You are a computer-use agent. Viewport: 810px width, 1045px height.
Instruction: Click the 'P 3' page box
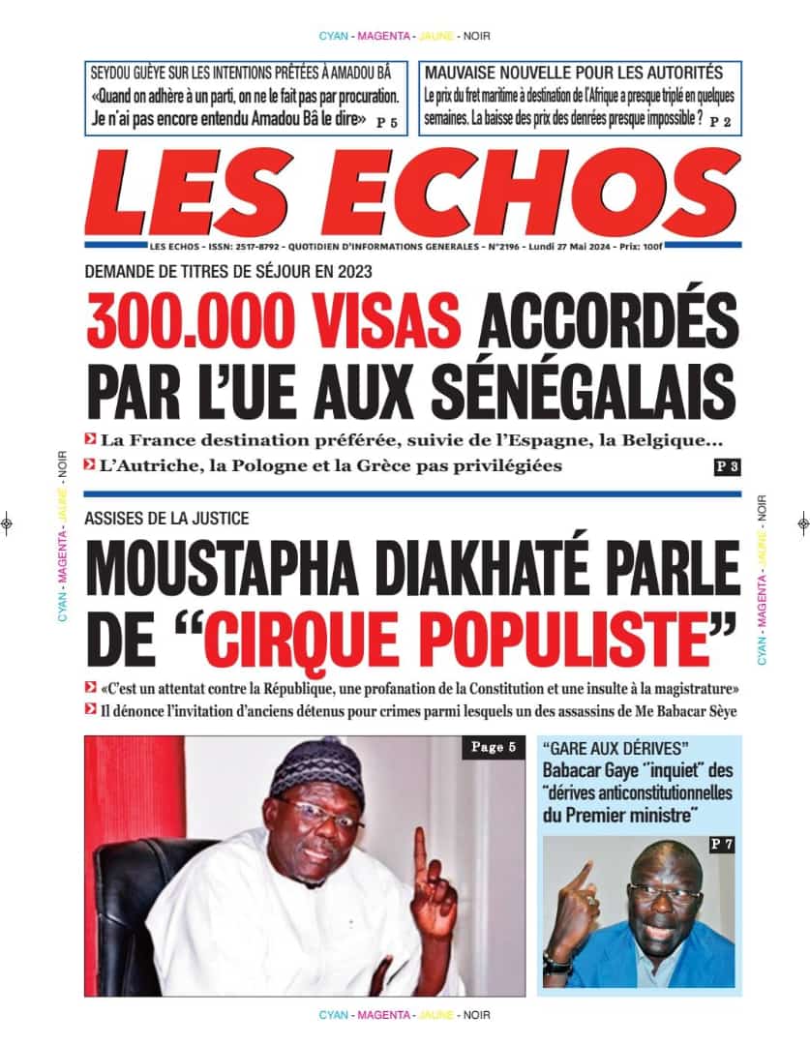coord(727,467)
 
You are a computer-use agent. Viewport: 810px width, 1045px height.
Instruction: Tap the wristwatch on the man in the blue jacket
coord(556,963)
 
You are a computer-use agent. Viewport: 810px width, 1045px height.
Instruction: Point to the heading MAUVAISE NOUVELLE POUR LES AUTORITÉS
coord(573,73)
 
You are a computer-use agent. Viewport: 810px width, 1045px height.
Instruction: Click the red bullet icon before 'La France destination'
coord(90,441)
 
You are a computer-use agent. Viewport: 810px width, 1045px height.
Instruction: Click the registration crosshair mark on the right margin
coord(802,522)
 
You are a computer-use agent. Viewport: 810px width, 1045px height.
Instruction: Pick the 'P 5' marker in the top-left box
coord(386,122)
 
